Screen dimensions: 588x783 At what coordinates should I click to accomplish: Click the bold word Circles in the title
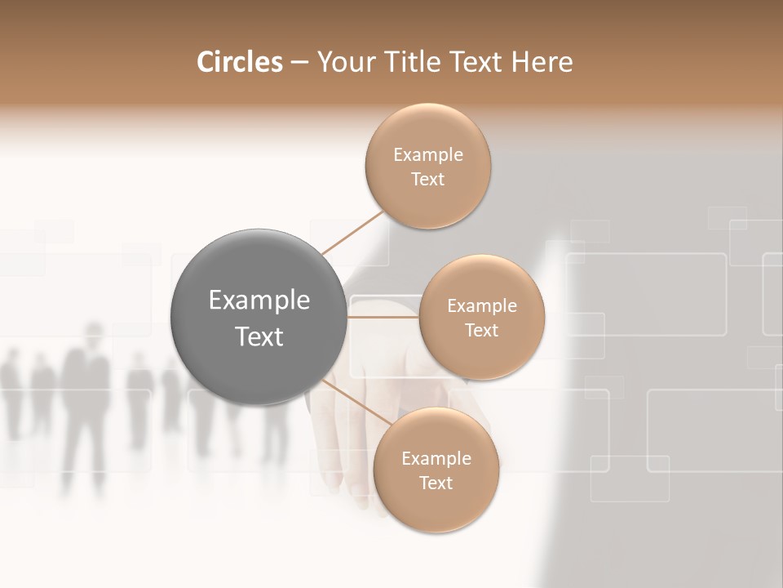[239, 62]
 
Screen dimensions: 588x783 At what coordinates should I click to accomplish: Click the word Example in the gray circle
[259, 301]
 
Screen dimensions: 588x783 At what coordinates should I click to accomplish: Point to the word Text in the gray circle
[259, 336]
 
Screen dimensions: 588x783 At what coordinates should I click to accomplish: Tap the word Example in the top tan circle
[428, 155]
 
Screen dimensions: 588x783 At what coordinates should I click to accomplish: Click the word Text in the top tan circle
[428, 180]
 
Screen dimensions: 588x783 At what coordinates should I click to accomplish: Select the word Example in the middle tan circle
[482, 306]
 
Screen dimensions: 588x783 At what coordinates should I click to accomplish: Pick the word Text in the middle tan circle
[482, 331]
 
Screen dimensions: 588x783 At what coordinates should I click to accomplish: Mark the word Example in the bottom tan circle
[436, 459]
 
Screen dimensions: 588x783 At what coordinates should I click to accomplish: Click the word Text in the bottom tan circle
[436, 483]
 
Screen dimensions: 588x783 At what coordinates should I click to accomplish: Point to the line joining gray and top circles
[352, 233]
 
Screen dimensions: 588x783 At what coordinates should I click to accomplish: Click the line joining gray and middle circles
[383, 316]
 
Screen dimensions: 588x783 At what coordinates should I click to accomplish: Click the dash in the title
[299, 62]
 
